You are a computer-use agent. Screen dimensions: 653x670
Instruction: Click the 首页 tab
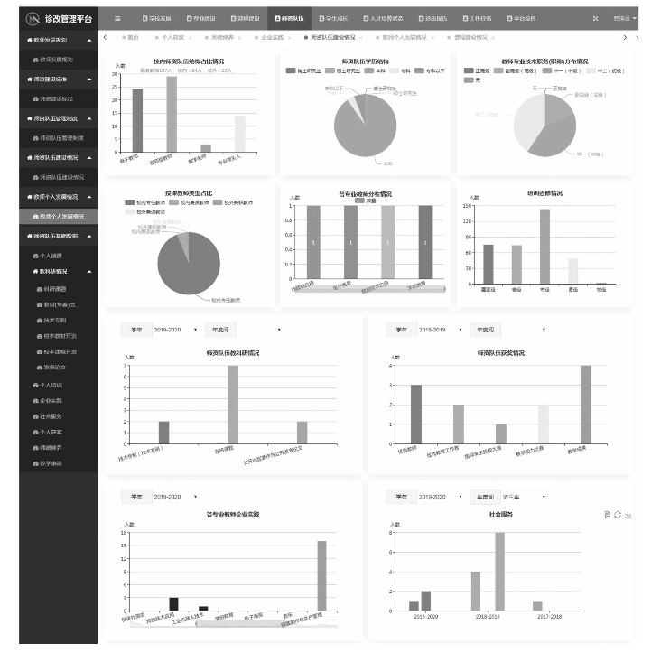[x=133, y=37]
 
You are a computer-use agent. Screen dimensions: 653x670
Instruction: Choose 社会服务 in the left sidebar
[x=51, y=416]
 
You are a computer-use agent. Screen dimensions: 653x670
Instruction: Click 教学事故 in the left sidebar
[x=51, y=463]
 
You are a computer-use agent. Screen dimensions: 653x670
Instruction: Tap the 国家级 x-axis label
[x=489, y=290]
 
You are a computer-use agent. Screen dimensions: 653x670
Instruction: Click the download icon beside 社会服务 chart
[x=628, y=515]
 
